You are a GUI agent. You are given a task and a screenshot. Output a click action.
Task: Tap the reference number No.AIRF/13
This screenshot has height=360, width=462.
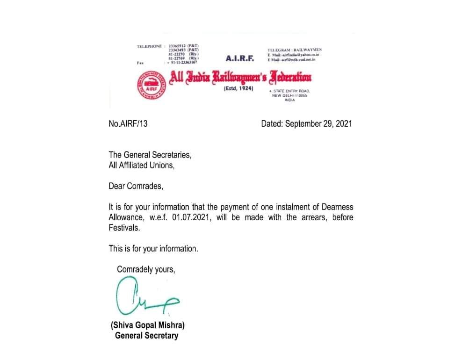[128, 124]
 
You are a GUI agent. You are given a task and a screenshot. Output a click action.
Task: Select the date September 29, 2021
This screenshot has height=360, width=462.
[318, 124]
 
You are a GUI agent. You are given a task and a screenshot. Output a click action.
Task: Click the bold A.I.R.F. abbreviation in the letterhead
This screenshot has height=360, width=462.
[239, 58]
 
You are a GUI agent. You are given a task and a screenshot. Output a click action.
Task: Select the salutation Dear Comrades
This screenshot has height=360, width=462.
[136, 186]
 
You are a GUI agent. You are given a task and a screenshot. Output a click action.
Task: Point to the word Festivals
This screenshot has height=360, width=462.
[124, 228]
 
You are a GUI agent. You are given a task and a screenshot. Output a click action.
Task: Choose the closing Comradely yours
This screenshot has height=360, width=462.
[146, 269]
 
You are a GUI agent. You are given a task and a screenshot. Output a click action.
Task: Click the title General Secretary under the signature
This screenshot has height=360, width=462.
[146, 335]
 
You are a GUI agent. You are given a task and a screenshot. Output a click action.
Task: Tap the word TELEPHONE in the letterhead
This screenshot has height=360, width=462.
[149, 46]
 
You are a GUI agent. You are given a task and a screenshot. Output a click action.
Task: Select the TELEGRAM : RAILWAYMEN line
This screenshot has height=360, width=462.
[295, 50]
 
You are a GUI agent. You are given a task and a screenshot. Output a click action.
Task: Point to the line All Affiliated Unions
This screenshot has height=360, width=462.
[141, 165]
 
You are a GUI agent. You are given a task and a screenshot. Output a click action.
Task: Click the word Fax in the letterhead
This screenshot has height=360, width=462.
[140, 62]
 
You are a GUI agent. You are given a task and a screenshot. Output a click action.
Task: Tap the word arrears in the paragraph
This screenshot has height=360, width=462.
[311, 217]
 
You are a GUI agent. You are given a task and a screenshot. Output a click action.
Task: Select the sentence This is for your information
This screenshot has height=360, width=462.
[153, 249]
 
